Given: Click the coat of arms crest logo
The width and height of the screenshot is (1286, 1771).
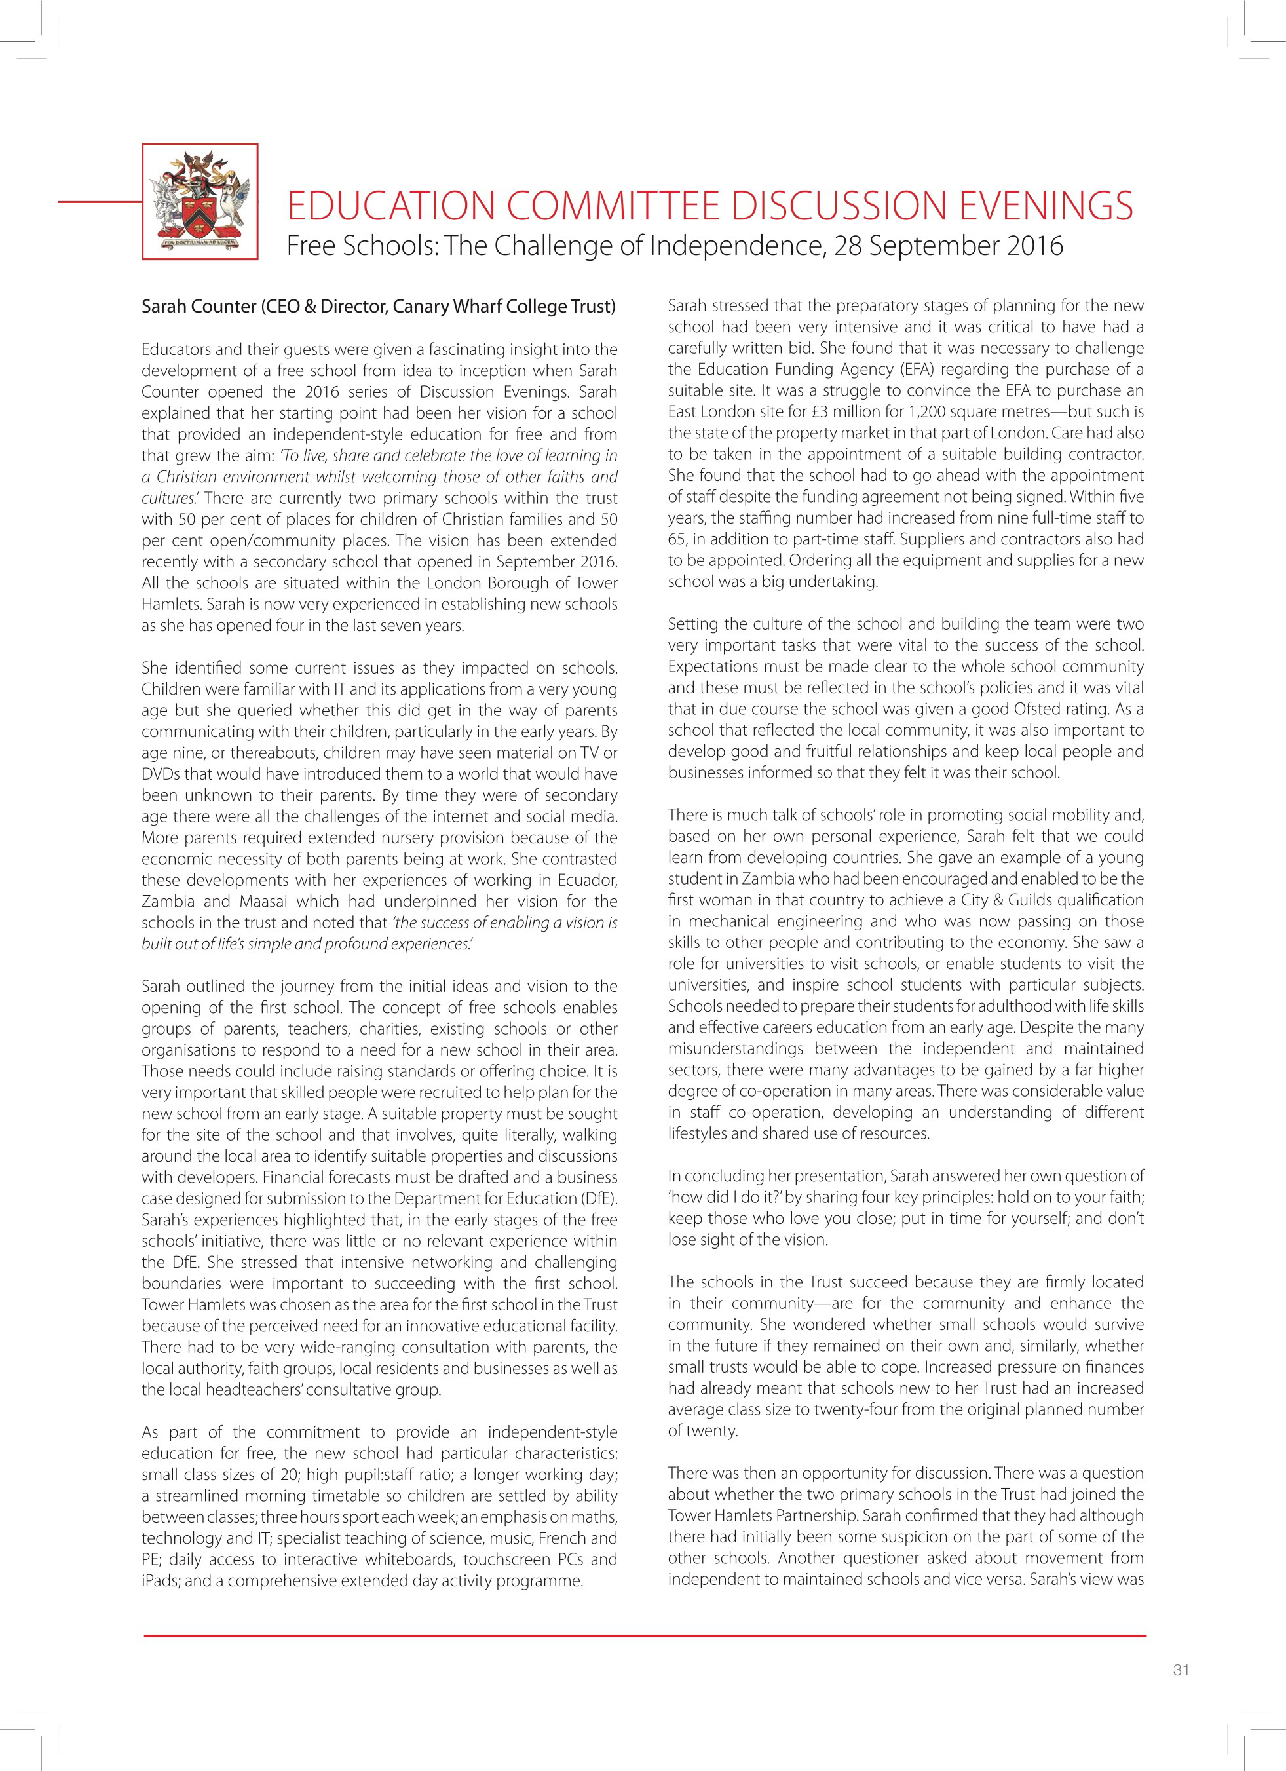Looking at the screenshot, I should coord(200,201).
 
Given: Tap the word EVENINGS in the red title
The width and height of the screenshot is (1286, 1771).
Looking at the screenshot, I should coord(1046,206).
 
